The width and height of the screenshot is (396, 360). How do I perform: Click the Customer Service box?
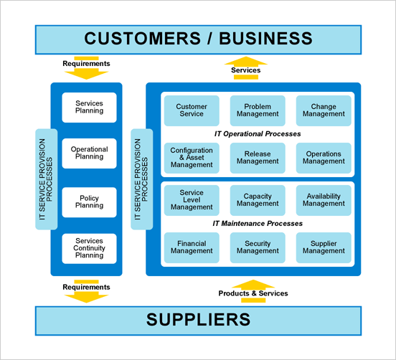192,110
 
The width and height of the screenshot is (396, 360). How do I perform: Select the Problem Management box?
258,110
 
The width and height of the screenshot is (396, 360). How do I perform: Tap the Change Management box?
324,110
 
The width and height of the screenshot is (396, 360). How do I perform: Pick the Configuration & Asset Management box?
192,158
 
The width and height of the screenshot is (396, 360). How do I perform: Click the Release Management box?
258,158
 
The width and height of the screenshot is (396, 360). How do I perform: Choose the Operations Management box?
324,158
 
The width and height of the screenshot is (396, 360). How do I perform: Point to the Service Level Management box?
192,200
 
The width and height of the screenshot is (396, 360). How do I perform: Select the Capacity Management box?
258,200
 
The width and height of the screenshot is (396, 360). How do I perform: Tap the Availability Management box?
324,200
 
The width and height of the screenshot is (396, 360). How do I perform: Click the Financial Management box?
192,247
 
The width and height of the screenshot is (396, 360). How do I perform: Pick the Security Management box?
258,247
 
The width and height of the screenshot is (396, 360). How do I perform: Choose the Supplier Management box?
324,247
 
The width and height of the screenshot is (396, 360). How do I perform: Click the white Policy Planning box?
90,202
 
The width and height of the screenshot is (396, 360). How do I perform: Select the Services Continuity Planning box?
90,249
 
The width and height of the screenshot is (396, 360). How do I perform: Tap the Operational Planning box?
90,153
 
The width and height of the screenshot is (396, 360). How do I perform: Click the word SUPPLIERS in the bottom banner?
198,320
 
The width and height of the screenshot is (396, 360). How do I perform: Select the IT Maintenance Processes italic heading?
258,224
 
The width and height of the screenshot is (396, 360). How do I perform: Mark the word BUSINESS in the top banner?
265,39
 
